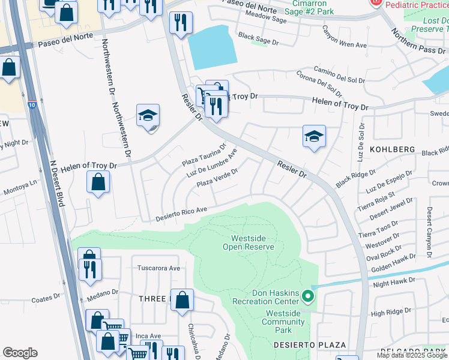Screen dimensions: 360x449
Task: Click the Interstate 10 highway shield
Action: pos(32,105)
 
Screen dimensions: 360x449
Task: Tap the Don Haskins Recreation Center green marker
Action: pos(308,296)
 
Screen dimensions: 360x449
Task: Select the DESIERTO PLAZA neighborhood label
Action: pos(310,345)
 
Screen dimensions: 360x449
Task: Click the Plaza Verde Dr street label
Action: pos(218,177)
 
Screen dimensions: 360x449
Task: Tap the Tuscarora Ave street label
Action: pos(159,268)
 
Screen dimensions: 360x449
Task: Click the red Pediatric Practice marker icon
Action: pos(376,3)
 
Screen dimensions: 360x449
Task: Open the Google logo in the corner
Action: pos(20,353)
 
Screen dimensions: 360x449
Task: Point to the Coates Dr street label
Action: pos(46,298)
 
